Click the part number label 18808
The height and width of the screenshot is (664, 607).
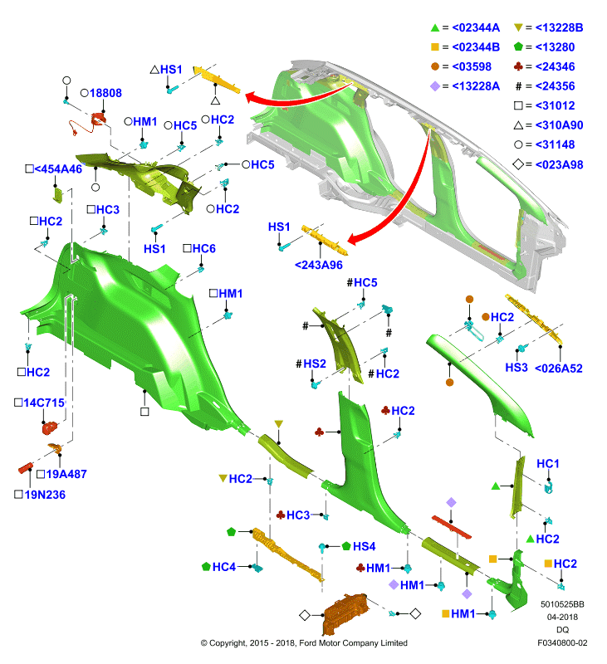105,93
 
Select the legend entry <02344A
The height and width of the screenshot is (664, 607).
476,28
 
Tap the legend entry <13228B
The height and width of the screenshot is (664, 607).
559,28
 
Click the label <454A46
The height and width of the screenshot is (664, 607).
58,169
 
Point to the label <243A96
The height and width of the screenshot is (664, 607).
319,265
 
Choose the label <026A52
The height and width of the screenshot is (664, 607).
558,369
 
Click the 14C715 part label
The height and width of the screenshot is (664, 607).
44,403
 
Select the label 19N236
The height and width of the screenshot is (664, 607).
45,495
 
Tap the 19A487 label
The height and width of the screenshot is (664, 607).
66,474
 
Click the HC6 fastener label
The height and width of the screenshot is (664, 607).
203,248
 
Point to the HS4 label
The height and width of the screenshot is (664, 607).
364,547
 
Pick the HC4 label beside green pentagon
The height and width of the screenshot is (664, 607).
223,567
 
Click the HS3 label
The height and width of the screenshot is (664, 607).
516,368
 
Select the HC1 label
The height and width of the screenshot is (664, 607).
548,464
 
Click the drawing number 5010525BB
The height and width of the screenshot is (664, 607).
562,604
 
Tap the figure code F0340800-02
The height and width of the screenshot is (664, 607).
562,642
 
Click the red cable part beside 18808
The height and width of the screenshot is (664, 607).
89,124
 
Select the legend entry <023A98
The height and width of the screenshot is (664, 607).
559,164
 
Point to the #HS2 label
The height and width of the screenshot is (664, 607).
311,364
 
